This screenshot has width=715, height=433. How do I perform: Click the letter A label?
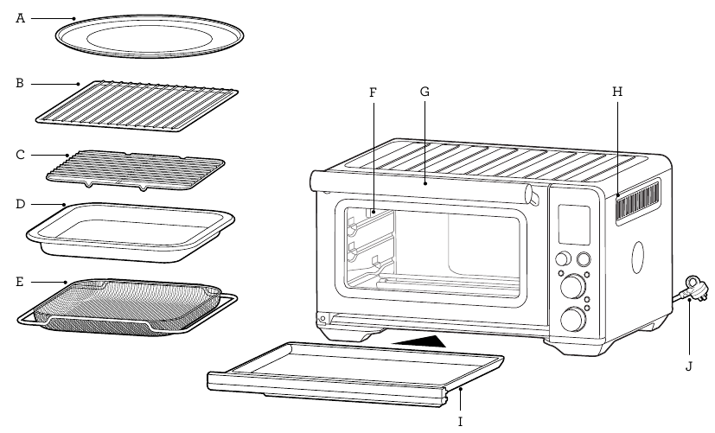(20, 17)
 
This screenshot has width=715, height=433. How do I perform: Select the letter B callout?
(20, 84)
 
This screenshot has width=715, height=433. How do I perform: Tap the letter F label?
(373, 91)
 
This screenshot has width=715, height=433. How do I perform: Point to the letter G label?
(425, 91)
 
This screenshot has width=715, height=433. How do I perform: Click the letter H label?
(616, 91)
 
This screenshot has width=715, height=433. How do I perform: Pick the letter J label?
(688, 366)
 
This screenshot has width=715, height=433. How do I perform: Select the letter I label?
(460, 421)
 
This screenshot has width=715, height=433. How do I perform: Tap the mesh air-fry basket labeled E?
(127, 307)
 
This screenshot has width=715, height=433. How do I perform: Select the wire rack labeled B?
(137, 107)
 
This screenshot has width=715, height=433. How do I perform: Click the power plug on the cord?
(693, 286)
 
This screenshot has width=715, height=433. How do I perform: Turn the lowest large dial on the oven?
(571, 319)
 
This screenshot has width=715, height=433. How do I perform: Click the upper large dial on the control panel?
(571, 286)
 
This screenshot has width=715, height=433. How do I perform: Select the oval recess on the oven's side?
(639, 256)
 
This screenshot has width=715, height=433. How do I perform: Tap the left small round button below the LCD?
(563, 258)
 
